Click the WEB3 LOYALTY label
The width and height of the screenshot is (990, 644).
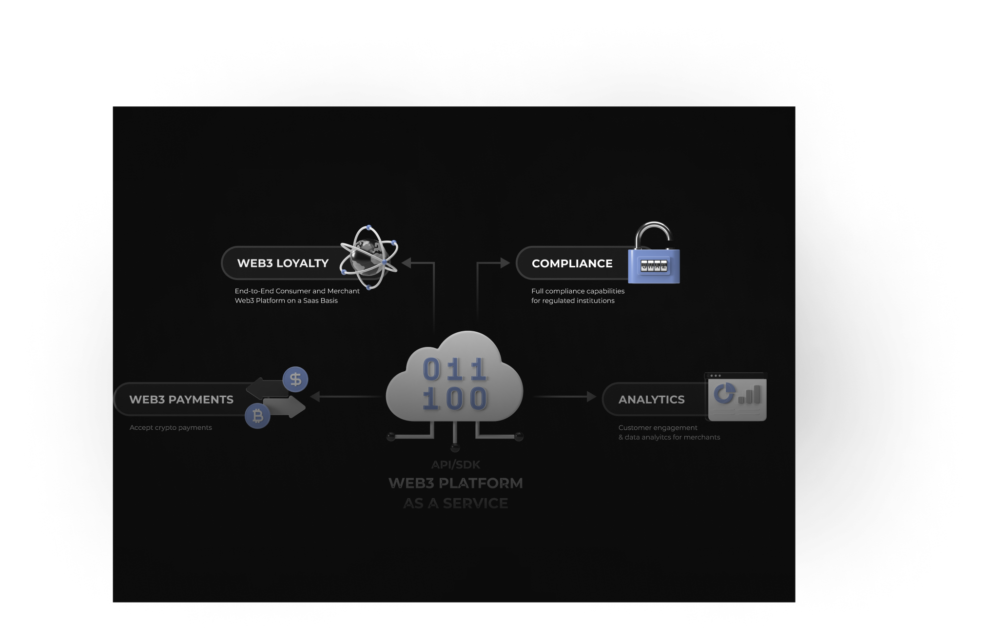coord(283,263)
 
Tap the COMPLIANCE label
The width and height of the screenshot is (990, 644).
coord(572,263)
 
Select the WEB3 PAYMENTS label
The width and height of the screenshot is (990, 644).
coord(181,400)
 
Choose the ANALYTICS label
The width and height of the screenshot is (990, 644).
coord(651,400)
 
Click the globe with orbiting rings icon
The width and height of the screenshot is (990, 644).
coord(369,257)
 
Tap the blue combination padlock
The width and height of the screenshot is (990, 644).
coord(654,265)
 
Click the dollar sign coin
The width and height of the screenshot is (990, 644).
coord(295,379)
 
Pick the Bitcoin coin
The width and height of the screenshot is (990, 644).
coord(257,416)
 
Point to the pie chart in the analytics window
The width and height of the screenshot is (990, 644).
coord(724,393)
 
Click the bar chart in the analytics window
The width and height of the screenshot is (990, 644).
coord(750,395)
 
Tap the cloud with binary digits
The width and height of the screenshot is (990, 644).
coord(454,378)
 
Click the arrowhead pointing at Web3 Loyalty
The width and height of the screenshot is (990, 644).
coord(407,263)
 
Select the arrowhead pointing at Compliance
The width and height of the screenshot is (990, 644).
coord(505,263)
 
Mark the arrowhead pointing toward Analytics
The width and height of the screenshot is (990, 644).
coord(591,397)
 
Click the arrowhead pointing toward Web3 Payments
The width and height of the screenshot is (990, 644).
coord(315,397)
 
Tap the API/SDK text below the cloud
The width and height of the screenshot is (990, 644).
coord(456,465)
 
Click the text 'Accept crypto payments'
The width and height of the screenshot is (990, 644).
coord(171,428)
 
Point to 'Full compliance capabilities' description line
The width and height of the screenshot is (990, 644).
coord(578,291)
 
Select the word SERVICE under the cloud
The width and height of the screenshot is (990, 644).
coord(475,503)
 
